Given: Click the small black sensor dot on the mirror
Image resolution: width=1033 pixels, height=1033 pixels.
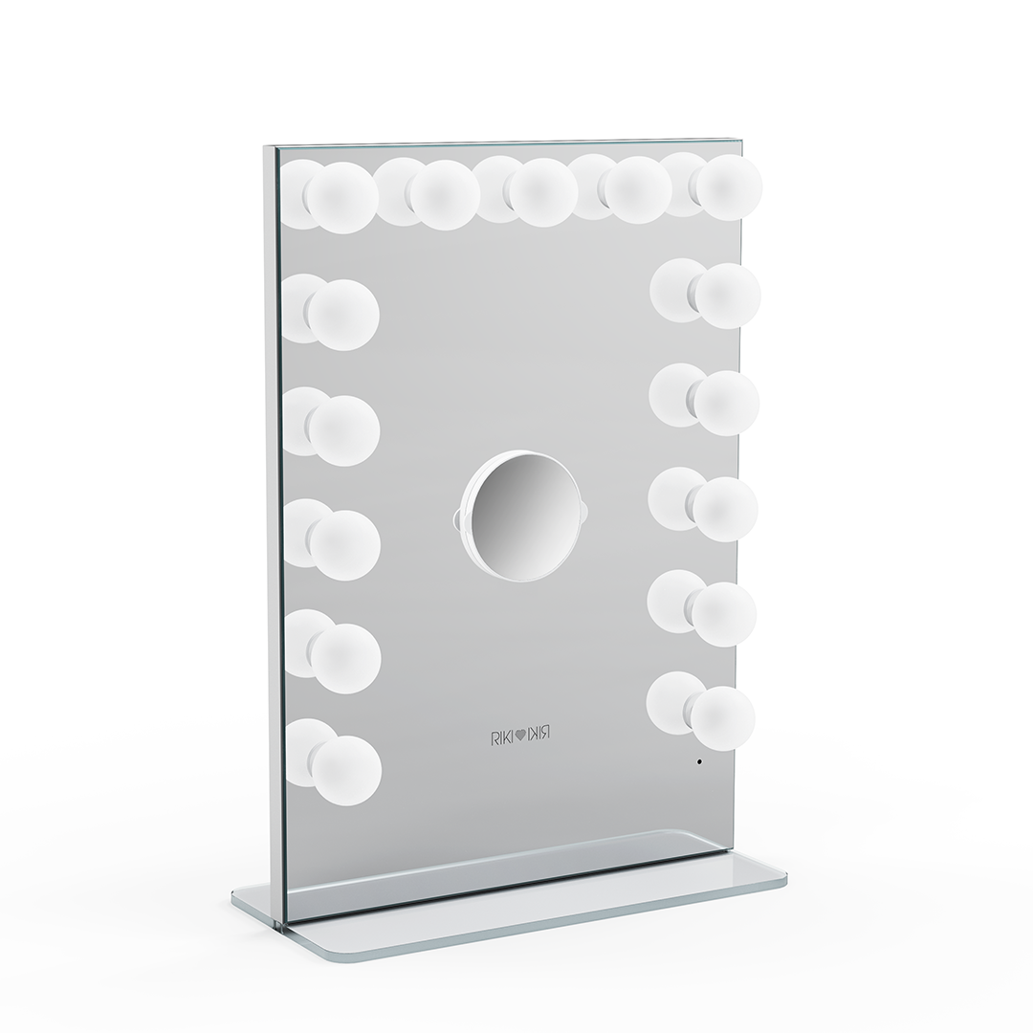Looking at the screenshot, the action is coord(699,761).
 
